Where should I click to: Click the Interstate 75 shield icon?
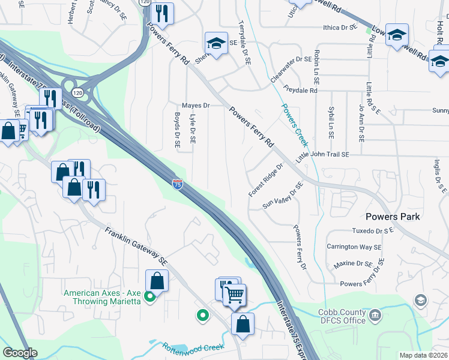pyautogui.click(x=178, y=184)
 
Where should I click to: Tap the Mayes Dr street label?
pyautogui.click(x=195, y=106)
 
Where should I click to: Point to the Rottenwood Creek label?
pyautogui.click(x=193, y=347)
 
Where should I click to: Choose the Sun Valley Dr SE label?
pyautogui.click(x=283, y=196)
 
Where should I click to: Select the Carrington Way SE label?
pyautogui.click(x=354, y=247)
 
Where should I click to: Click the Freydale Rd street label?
pyautogui.click(x=300, y=90)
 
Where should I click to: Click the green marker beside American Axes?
pyautogui.click(x=151, y=296)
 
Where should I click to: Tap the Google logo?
pyautogui.click(x=20, y=352)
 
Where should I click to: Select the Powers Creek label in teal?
pyautogui.click(x=295, y=125)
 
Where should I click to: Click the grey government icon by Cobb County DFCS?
pyautogui.click(x=375, y=314)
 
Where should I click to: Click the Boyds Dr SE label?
pyautogui.click(x=178, y=130)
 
